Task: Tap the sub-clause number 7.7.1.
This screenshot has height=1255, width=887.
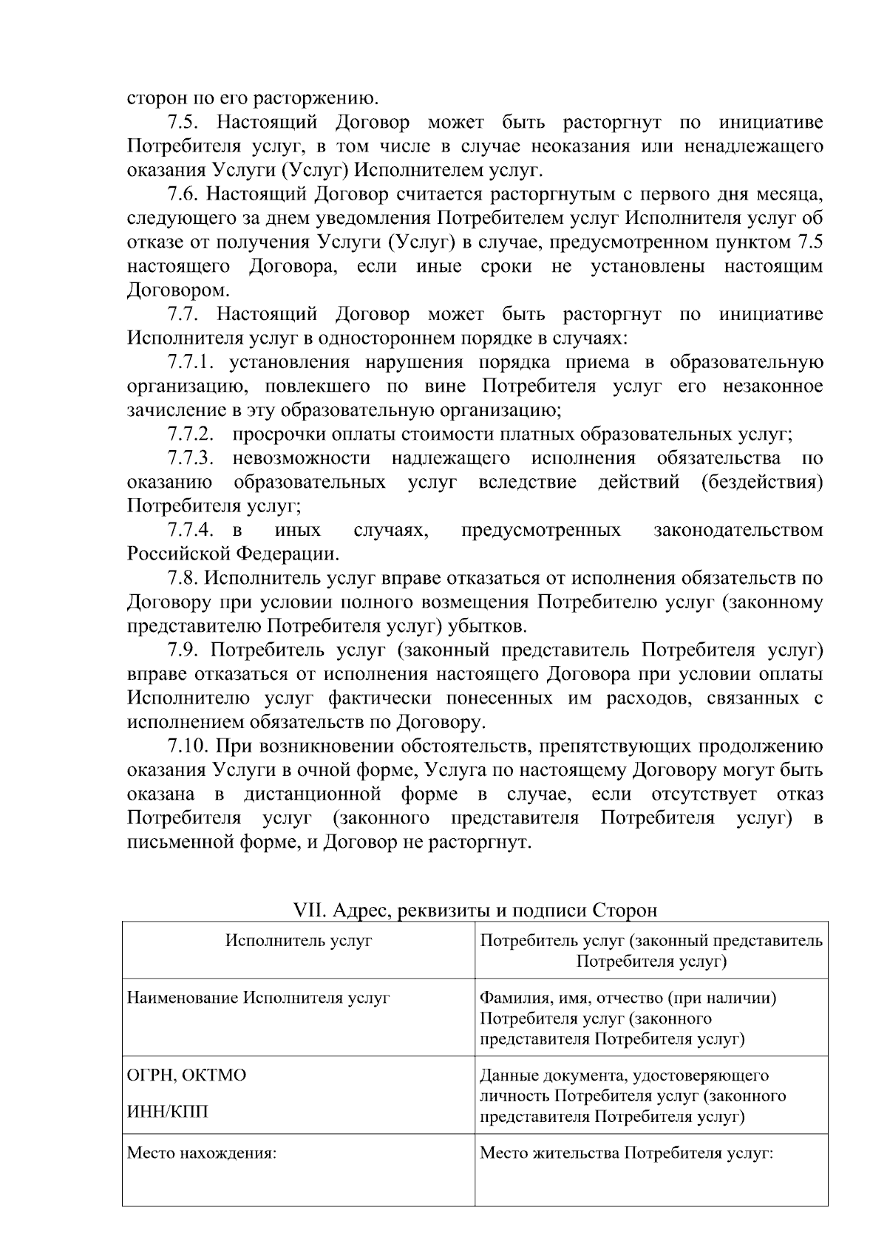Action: point(191,363)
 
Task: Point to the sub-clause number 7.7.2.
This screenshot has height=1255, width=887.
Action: point(191,435)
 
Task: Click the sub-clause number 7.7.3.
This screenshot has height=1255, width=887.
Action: point(191,459)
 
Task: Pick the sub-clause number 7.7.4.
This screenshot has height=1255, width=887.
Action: point(191,531)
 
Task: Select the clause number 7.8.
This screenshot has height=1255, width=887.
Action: point(183,579)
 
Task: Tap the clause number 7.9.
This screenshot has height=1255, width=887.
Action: point(183,650)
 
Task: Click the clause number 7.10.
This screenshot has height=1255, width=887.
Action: point(188,746)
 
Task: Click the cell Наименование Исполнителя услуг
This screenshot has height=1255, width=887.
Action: point(258,999)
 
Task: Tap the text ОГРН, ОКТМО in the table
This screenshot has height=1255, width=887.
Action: point(187,1075)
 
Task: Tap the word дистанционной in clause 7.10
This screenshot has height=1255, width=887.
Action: point(313,795)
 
